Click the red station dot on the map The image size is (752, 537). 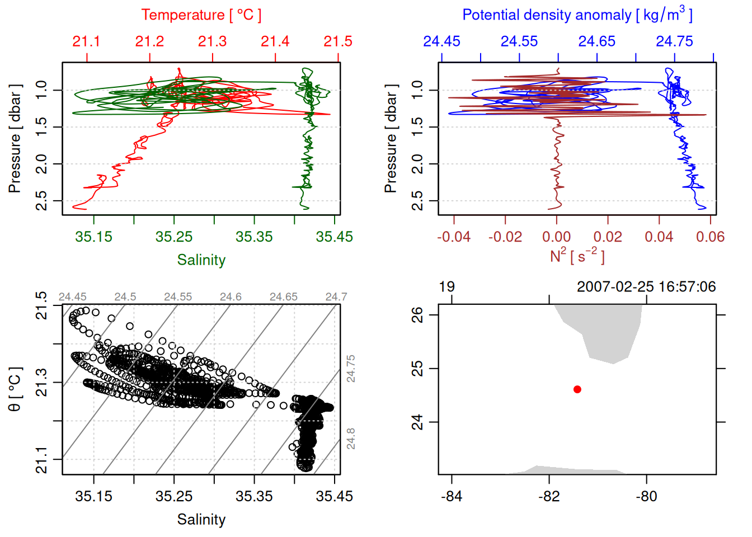click(577, 389)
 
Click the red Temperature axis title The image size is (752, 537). click(201, 15)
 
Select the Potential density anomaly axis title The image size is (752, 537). click(577, 15)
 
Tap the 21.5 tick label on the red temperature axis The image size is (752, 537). click(338, 41)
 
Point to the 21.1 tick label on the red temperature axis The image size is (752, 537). click(86, 41)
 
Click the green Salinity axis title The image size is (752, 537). click(201, 260)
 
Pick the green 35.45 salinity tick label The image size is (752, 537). click(334, 237)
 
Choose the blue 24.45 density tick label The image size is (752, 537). click(441, 41)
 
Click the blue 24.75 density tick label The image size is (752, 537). click(674, 41)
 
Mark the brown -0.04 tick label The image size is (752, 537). click(453, 237)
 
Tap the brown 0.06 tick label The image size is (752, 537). click(710, 237)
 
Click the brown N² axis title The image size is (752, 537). click(577, 256)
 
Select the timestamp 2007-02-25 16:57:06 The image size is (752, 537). click(646, 287)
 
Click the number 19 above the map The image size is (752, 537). click(446, 287)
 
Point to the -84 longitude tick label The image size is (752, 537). click(452, 496)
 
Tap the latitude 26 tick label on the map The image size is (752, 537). click(417, 315)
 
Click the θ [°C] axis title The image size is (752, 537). click(15, 389)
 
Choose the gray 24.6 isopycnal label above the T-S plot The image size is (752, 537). click(231, 297)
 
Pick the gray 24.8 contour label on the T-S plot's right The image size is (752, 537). click(350, 439)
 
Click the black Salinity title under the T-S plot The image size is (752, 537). click(201, 520)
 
